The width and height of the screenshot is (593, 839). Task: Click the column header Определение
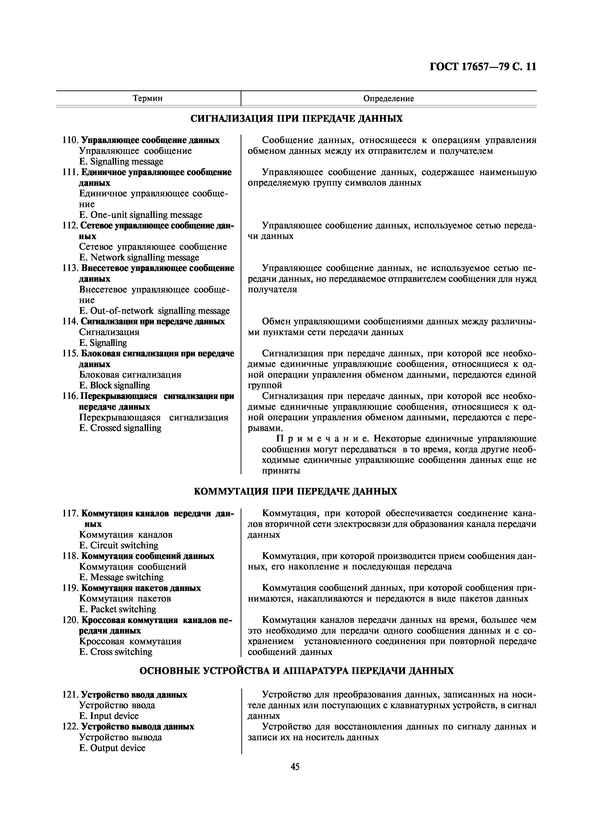(388, 98)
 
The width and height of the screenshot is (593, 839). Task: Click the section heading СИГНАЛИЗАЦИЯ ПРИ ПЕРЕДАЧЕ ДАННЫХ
(297, 119)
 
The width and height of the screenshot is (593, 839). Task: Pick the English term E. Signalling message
(121, 161)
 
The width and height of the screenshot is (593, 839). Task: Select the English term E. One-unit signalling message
(141, 215)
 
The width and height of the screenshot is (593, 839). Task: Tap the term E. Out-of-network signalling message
(155, 311)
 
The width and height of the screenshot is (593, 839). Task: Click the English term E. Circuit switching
(119, 546)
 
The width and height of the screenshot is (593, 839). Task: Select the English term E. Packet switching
(118, 609)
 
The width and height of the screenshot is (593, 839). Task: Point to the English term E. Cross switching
(116, 652)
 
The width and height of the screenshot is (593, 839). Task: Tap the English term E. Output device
(112, 748)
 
